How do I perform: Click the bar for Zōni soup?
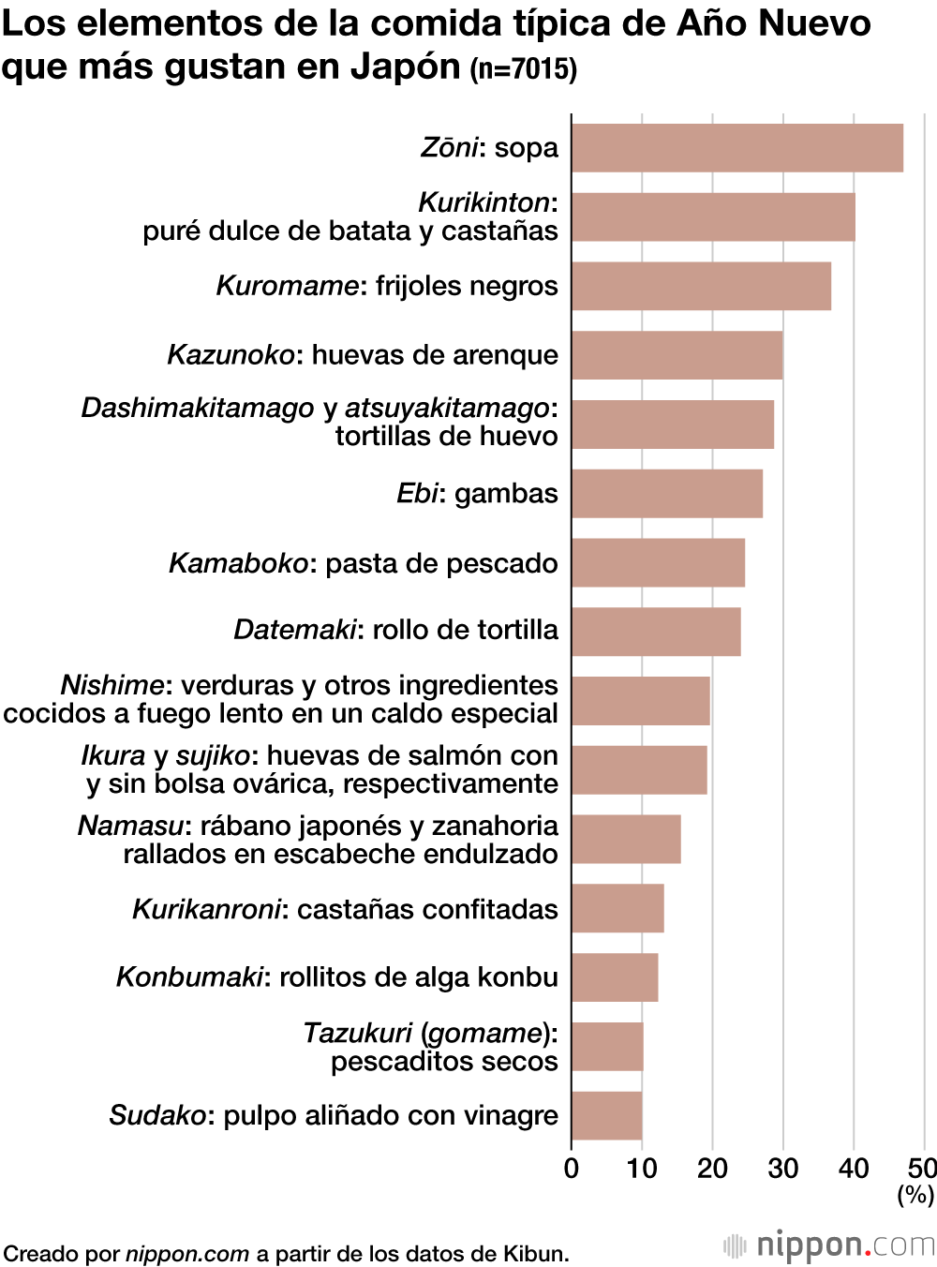pyautogui.click(x=737, y=148)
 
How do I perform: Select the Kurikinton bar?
pyautogui.click(x=713, y=217)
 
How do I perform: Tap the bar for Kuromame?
pyautogui.click(x=701, y=286)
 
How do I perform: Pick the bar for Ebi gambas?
pyautogui.click(x=667, y=494)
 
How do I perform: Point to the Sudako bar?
pyautogui.click(x=606, y=1115)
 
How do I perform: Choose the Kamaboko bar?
pyautogui.click(x=658, y=562)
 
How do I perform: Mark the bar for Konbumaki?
pyautogui.click(x=615, y=977)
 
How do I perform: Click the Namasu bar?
pyautogui.click(x=626, y=839)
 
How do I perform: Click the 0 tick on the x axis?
pyautogui.click(x=572, y=1169)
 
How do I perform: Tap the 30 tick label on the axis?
pyautogui.click(x=783, y=1169)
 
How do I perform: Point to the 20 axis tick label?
pyautogui.click(x=712, y=1169)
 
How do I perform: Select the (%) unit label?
pyautogui.click(x=915, y=1195)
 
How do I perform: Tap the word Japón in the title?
pyautogui.click(x=406, y=67)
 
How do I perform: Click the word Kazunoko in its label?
pyautogui.click(x=231, y=355)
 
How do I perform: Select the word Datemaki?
pyautogui.click(x=295, y=630)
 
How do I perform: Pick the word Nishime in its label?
pyautogui.click(x=112, y=685)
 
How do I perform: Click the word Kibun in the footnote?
pyautogui.click(x=534, y=1254)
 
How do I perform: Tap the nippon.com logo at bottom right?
pyautogui.click(x=829, y=1245)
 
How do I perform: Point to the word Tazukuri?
pyautogui.click(x=358, y=1033)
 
